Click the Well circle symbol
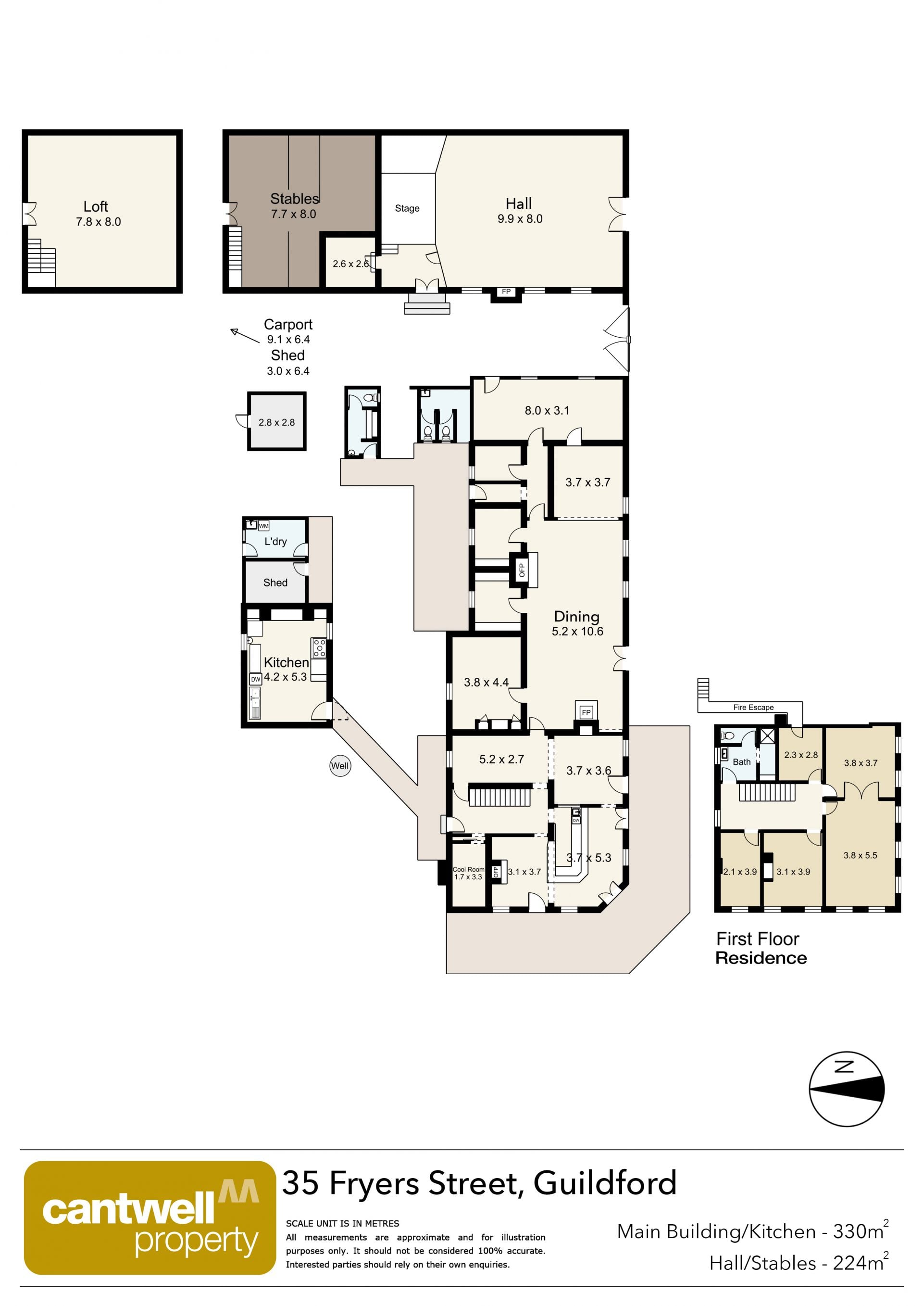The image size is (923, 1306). click(340, 766)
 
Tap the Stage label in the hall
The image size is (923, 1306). click(407, 208)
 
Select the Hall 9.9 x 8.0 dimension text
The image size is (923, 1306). click(520, 219)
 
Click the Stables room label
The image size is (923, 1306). click(294, 199)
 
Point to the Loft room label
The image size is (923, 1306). click(96, 206)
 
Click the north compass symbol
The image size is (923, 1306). click(846, 1089)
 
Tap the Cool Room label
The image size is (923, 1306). click(468, 869)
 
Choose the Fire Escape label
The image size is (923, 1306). click(753, 707)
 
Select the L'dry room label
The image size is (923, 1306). click(275, 541)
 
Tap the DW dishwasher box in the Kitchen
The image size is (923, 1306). click(255, 679)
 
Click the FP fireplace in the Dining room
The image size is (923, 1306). click(586, 711)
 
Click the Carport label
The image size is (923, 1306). click(287, 324)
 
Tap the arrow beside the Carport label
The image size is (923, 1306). click(245, 336)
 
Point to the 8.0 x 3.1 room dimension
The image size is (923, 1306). click(547, 410)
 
